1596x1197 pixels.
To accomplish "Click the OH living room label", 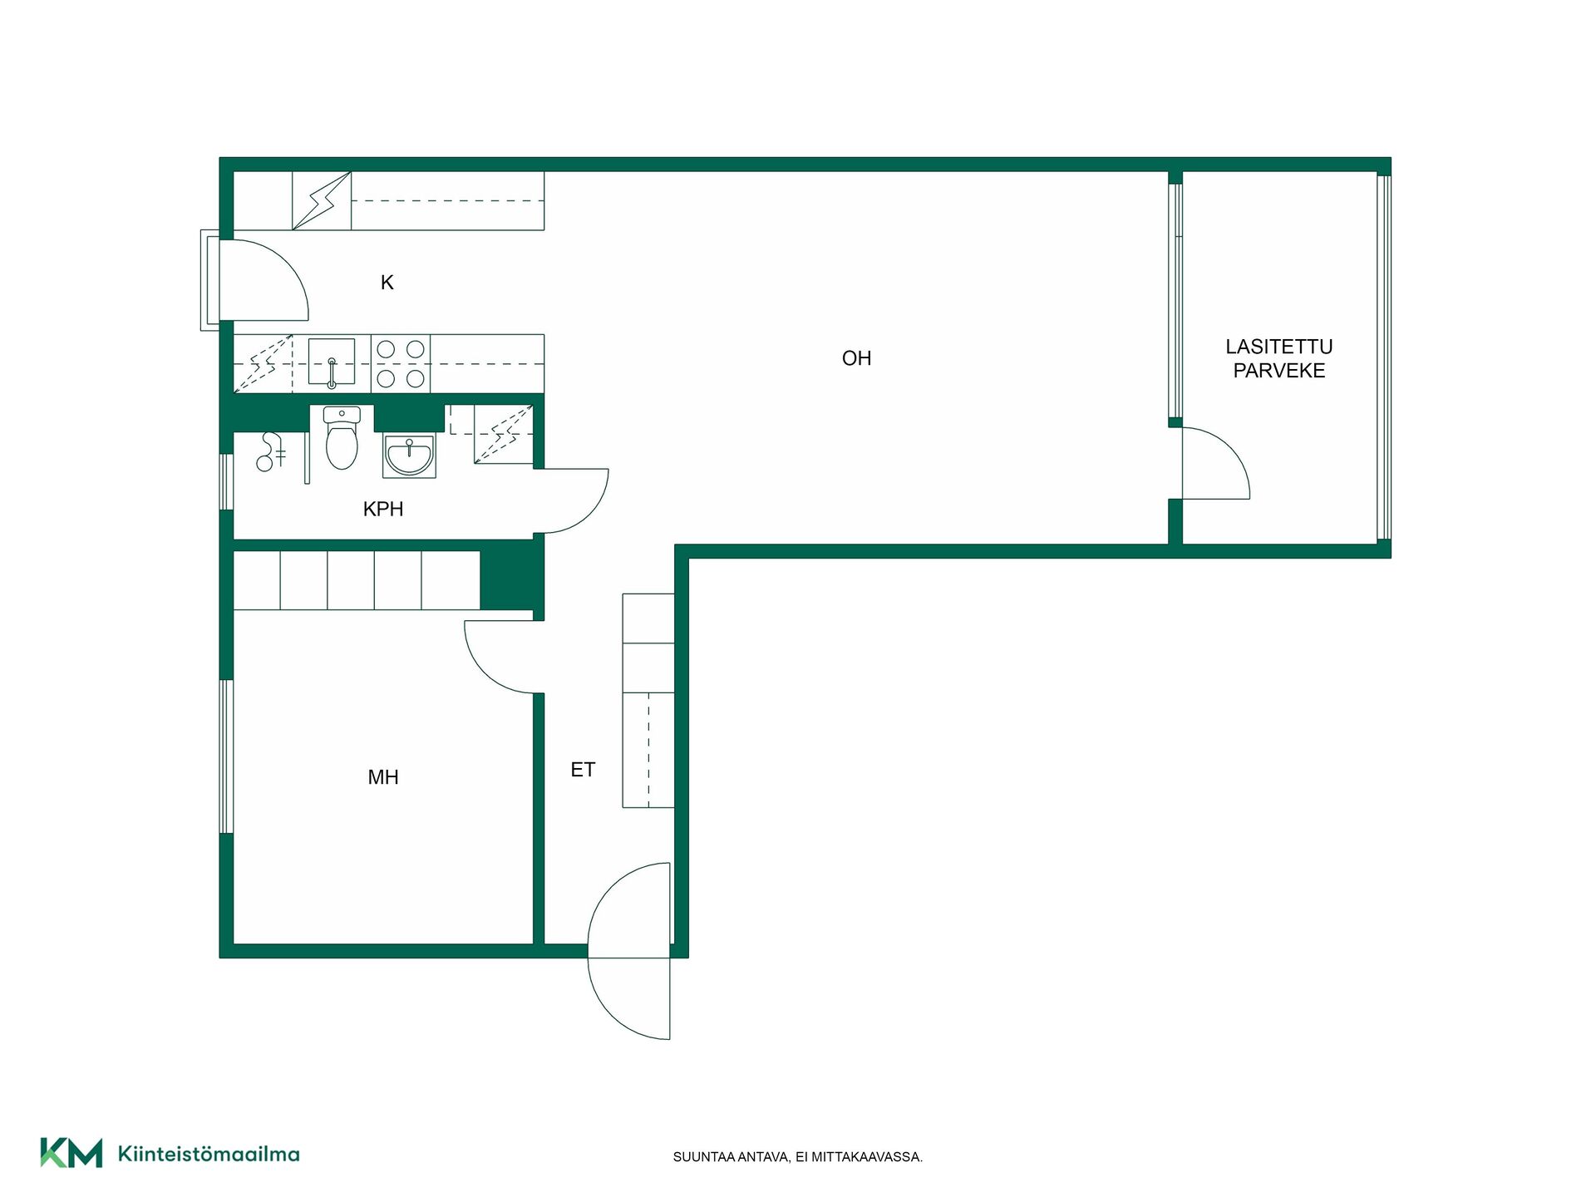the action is tap(856, 358).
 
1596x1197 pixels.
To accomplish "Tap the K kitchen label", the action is tap(387, 283).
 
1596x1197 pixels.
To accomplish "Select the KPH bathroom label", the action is tap(383, 509).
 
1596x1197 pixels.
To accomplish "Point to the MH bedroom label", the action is tap(383, 777).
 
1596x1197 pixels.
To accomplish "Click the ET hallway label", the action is tap(583, 770).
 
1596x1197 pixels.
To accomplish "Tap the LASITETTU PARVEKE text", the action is tap(1278, 358).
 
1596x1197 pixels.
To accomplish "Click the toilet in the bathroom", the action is tap(342, 438).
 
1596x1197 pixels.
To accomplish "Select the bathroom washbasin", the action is tap(409, 456).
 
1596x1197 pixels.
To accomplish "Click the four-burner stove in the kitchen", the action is tap(401, 363).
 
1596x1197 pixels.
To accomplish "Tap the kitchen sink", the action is tap(332, 362).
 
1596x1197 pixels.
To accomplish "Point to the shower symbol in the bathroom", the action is tap(270, 451).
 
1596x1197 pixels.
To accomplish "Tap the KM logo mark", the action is tap(71, 1153).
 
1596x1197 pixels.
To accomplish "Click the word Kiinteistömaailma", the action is tap(209, 1154).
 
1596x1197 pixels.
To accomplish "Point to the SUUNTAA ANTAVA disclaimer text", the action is tap(797, 1157).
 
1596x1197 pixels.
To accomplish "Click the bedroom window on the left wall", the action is tap(226, 756).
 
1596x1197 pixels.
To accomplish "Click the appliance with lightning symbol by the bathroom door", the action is tap(504, 434).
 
